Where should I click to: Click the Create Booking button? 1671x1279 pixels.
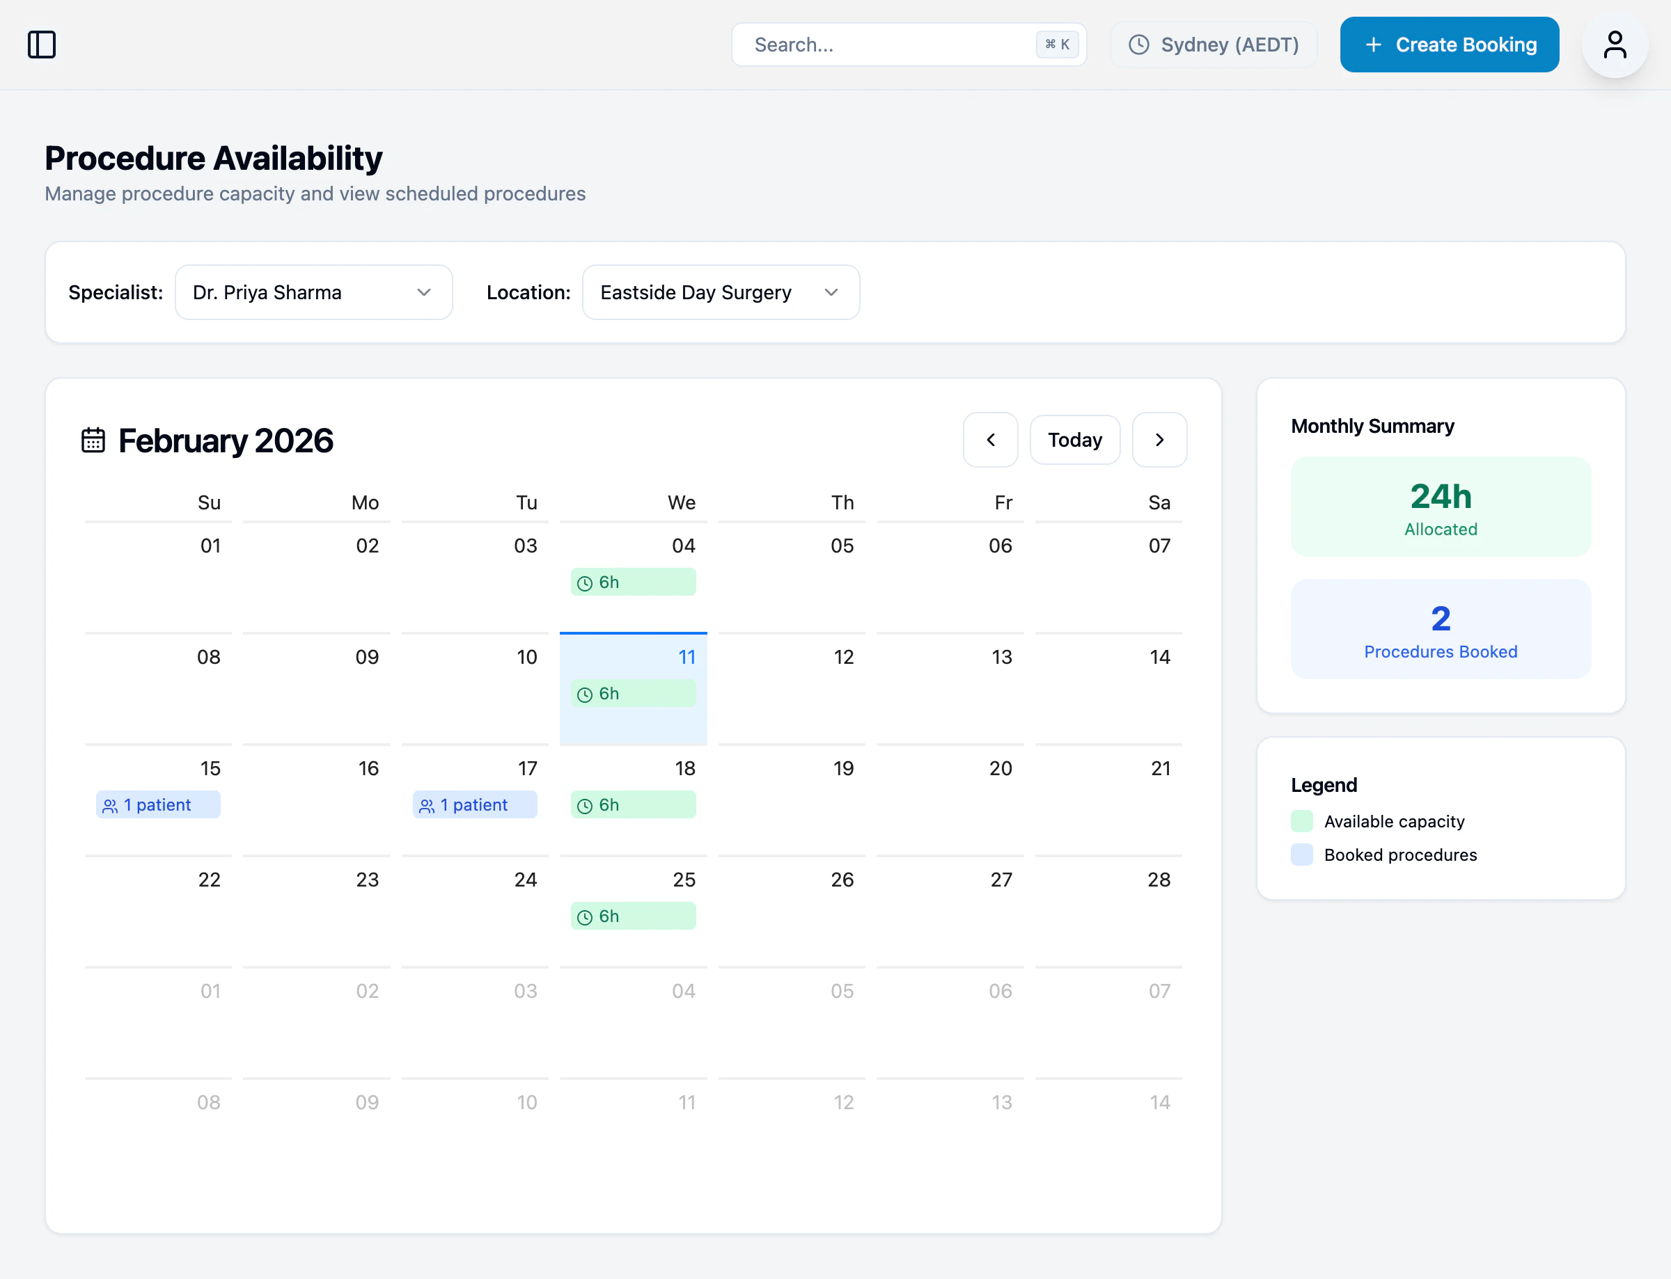[x=1449, y=45]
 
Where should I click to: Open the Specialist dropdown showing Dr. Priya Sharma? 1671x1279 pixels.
[x=313, y=292]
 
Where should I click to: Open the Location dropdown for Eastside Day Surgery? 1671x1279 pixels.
[x=721, y=292]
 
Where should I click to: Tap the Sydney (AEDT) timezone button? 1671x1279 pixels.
[x=1214, y=45]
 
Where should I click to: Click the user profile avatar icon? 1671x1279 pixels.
[x=1614, y=45]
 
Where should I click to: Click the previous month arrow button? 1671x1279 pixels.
[x=990, y=440]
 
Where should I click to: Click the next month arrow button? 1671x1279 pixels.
[x=1159, y=440]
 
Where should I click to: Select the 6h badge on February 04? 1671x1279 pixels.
[x=632, y=582]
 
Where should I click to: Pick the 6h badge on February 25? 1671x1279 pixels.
[x=632, y=916]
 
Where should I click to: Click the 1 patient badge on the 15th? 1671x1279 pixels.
[x=157, y=804]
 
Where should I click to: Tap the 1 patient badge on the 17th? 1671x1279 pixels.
[x=474, y=804]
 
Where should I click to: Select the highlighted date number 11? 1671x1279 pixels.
[x=687, y=657]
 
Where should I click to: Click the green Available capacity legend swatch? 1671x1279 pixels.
[x=1301, y=821]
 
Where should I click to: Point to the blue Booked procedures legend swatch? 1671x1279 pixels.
[x=1301, y=855]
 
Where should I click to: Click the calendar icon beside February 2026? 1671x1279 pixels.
[x=93, y=440]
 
